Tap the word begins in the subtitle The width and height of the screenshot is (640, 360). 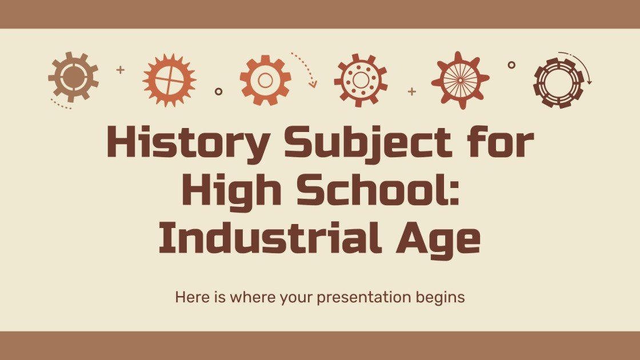point(440,298)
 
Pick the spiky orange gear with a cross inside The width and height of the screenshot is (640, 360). point(169,80)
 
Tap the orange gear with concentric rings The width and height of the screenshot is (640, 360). point(265,80)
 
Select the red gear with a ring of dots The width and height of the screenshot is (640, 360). point(361,81)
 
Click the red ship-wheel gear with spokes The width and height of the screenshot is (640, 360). point(460,80)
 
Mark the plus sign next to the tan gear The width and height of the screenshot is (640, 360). point(120,70)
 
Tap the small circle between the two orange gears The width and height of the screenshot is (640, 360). point(218,91)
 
